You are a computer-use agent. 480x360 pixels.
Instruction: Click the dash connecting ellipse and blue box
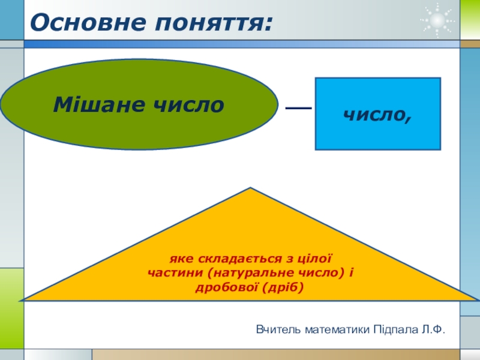298,109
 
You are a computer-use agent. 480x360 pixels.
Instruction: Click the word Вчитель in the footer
278,329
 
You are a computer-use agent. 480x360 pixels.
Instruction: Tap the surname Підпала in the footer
396,329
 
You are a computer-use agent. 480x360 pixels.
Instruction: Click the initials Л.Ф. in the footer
433,329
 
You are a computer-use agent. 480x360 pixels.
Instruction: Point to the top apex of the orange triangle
250,190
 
